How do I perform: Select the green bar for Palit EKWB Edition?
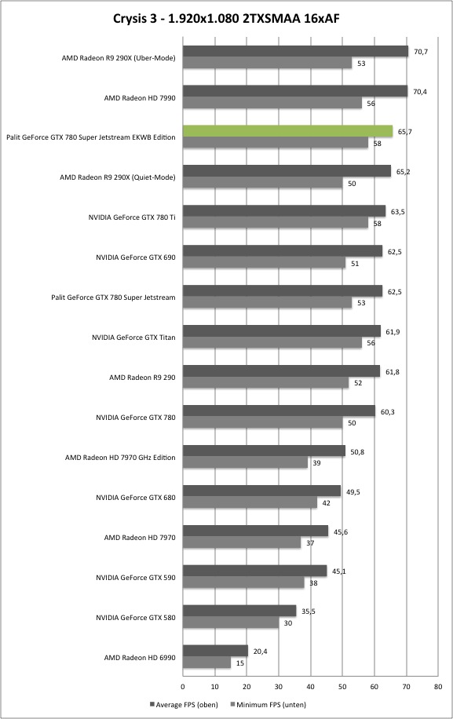[288, 131]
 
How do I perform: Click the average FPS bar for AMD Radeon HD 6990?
[215, 651]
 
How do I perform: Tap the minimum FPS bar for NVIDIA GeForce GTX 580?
[231, 622]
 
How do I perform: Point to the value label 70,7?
[421, 52]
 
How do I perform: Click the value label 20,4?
[260, 651]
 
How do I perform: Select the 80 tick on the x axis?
[438, 687]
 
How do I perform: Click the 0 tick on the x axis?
[183, 687]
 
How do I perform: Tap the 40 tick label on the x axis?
[310, 687]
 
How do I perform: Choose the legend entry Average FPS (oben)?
[184, 704]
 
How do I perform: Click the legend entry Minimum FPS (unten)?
[268, 704]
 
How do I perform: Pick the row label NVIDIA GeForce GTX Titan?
[133, 338]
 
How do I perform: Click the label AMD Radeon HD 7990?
[140, 97]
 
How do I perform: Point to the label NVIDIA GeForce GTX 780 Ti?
[132, 217]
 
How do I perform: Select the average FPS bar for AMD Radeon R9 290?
[282, 371]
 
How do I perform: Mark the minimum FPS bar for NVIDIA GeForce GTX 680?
[250, 502]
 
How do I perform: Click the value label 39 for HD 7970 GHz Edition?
[316, 463]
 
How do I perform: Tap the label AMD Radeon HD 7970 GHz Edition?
[120, 458]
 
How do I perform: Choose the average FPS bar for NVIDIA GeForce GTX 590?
[255, 571]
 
